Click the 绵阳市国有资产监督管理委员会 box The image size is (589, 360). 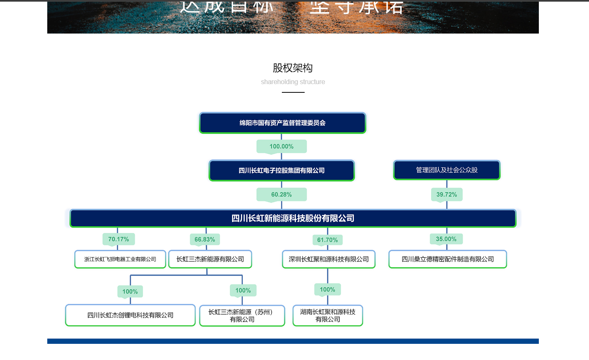pyautogui.click(x=282, y=123)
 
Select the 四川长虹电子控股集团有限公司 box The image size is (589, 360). pyautogui.click(x=281, y=171)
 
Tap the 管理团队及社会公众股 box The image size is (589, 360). pyautogui.click(x=446, y=170)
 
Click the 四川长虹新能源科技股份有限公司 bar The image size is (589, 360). pyautogui.click(x=293, y=218)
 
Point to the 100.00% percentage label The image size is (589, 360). pyautogui.click(x=281, y=147)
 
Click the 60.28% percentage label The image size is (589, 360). pyautogui.click(x=281, y=195)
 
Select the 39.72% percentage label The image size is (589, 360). pyautogui.click(x=446, y=195)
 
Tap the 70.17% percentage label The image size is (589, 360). pyautogui.click(x=119, y=239)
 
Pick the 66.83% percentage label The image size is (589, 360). pyautogui.click(x=205, y=239)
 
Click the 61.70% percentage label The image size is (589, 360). pyautogui.click(x=327, y=240)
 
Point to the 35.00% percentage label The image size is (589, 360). pyautogui.click(x=446, y=239)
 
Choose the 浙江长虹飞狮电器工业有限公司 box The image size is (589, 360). pyautogui.click(x=120, y=259)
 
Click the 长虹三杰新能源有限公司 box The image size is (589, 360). pyautogui.click(x=210, y=259)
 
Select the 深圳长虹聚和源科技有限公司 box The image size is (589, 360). pyautogui.click(x=329, y=259)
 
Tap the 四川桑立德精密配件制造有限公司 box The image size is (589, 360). pyautogui.click(x=448, y=259)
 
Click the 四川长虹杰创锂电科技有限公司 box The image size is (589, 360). pyautogui.click(x=130, y=315)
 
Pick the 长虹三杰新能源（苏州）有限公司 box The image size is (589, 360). pyautogui.click(x=242, y=316)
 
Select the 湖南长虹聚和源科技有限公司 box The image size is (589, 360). pyautogui.click(x=327, y=316)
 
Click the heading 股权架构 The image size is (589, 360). pyautogui.click(x=293, y=68)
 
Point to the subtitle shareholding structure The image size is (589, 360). pyautogui.click(x=293, y=82)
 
